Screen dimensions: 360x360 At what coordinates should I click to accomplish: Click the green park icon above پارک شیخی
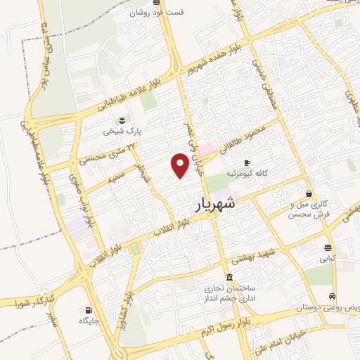pos(122,118)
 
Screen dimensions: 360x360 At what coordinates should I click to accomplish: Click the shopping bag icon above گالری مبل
pos(309,193)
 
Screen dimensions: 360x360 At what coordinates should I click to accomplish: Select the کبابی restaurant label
pos(328,259)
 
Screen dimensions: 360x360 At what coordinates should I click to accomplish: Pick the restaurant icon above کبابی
pos(328,247)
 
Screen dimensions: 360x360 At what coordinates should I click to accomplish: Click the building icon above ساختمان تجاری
pos(230,276)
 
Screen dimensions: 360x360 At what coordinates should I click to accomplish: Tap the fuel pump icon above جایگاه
pos(88,309)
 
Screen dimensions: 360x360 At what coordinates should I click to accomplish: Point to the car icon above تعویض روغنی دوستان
pos(332,297)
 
